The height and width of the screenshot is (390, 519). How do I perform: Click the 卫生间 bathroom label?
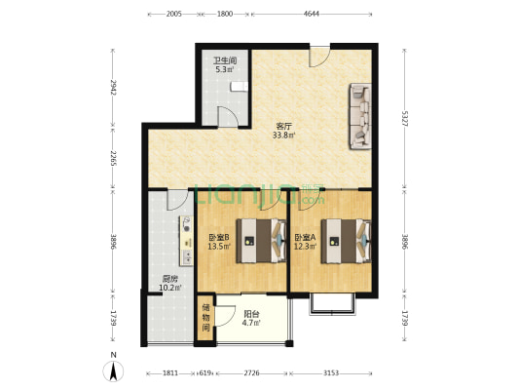[x=225, y=61]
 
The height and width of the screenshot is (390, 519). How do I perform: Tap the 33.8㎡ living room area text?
[x=283, y=136]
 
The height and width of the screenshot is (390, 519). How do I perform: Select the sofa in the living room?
[x=360, y=116]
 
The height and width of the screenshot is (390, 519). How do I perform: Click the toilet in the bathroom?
[x=239, y=87]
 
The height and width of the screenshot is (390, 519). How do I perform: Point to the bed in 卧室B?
[x=261, y=241]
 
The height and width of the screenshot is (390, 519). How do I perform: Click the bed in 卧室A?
[x=347, y=241]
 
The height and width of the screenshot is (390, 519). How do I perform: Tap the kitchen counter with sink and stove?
[x=186, y=241]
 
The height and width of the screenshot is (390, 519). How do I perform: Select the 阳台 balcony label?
[x=251, y=313]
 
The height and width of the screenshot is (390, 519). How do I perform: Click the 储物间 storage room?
[x=205, y=318]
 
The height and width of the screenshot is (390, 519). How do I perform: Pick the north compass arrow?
[x=113, y=371]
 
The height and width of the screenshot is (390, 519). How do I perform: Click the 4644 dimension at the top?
[x=312, y=14]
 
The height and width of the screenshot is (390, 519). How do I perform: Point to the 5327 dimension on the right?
[x=404, y=119]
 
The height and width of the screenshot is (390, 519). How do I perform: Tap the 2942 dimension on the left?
[x=113, y=87]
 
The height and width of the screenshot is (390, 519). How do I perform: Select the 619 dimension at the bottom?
[x=205, y=373]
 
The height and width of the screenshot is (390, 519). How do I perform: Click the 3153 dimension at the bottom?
[x=331, y=373]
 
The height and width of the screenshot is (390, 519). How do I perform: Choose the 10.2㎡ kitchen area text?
[x=170, y=288]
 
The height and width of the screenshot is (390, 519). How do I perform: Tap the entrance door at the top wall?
[x=319, y=57]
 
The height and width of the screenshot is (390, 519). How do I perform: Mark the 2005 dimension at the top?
[x=173, y=14]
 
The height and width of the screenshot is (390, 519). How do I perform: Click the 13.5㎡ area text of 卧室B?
[x=219, y=247]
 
